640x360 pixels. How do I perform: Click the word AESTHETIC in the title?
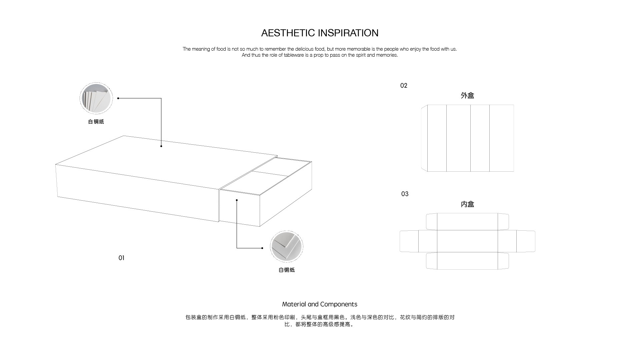click(x=288, y=33)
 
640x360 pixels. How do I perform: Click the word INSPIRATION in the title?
click(x=348, y=33)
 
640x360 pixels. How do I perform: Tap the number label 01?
click(x=121, y=258)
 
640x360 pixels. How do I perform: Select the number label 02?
click(x=404, y=86)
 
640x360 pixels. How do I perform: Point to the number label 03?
click(x=405, y=194)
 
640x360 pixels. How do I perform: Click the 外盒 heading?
click(x=467, y=96)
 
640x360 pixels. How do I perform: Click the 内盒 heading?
click(x=467, y=204)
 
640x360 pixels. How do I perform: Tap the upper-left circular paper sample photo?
click(x=96, y=98)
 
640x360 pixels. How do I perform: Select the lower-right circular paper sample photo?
click(x=286, y=247)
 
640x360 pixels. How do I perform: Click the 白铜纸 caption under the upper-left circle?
click(x=96, y=122)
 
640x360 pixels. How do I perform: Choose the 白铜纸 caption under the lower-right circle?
click(x=287, y=270)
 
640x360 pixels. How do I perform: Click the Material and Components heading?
click(x=320, y=304)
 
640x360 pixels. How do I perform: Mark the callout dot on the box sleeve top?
click(x=161, y=146)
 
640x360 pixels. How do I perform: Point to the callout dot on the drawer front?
click(x=237, y=200)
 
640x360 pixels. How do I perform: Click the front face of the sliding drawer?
click(x=239, y=208)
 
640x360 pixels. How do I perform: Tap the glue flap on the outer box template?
click(x=424, y=138)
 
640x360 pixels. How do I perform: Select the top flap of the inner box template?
click(x=467, y=222)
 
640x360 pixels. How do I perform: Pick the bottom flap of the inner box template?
click(x=467, y=261)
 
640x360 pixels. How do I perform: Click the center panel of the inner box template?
click(x=467, y=241)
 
